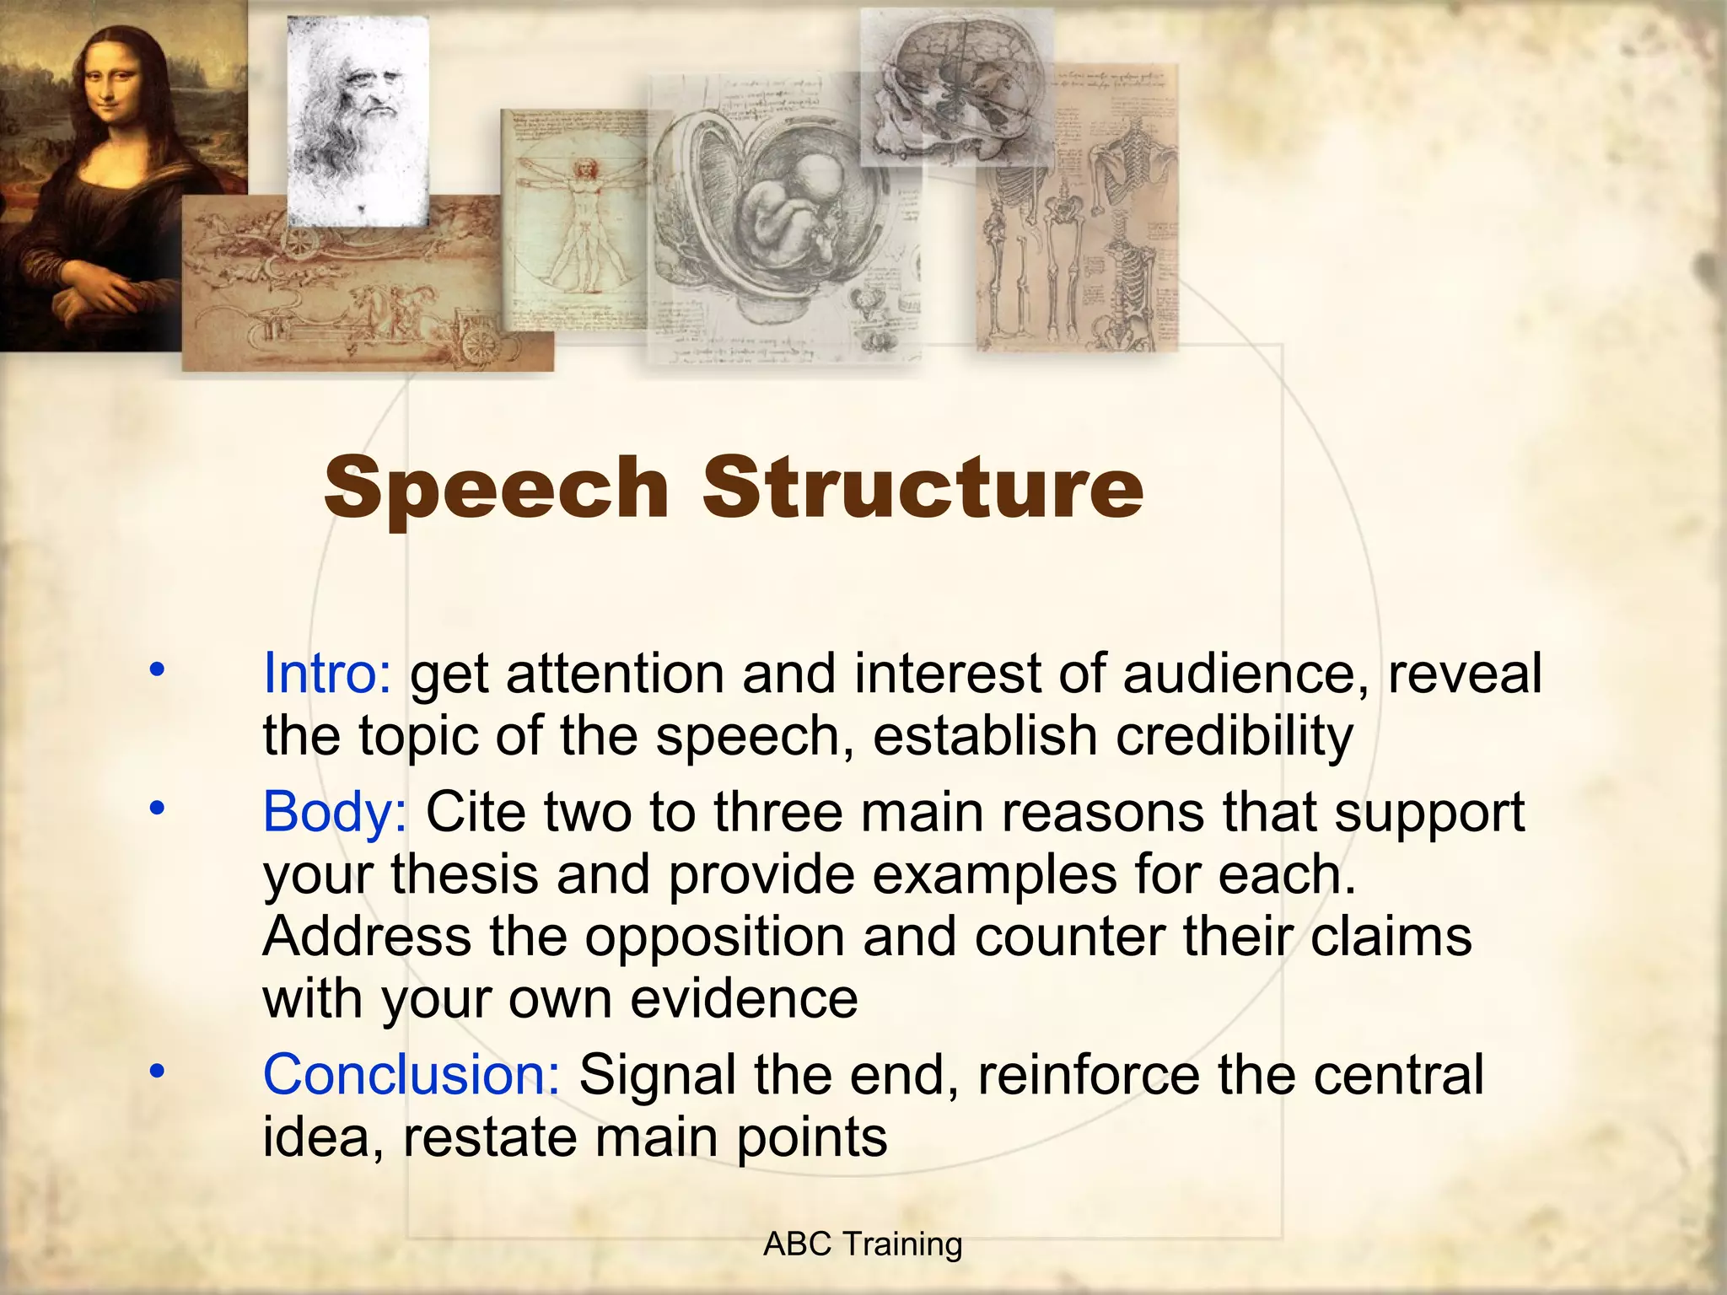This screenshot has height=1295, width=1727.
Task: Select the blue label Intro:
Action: (x=326, y=674)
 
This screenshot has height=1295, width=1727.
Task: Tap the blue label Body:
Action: (x=335, y=812)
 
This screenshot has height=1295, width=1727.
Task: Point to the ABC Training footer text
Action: (x=862, y=1244)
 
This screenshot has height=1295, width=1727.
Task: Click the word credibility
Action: (x=1235, y=737)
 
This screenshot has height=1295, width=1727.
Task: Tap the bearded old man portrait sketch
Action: (x=358, y=118)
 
